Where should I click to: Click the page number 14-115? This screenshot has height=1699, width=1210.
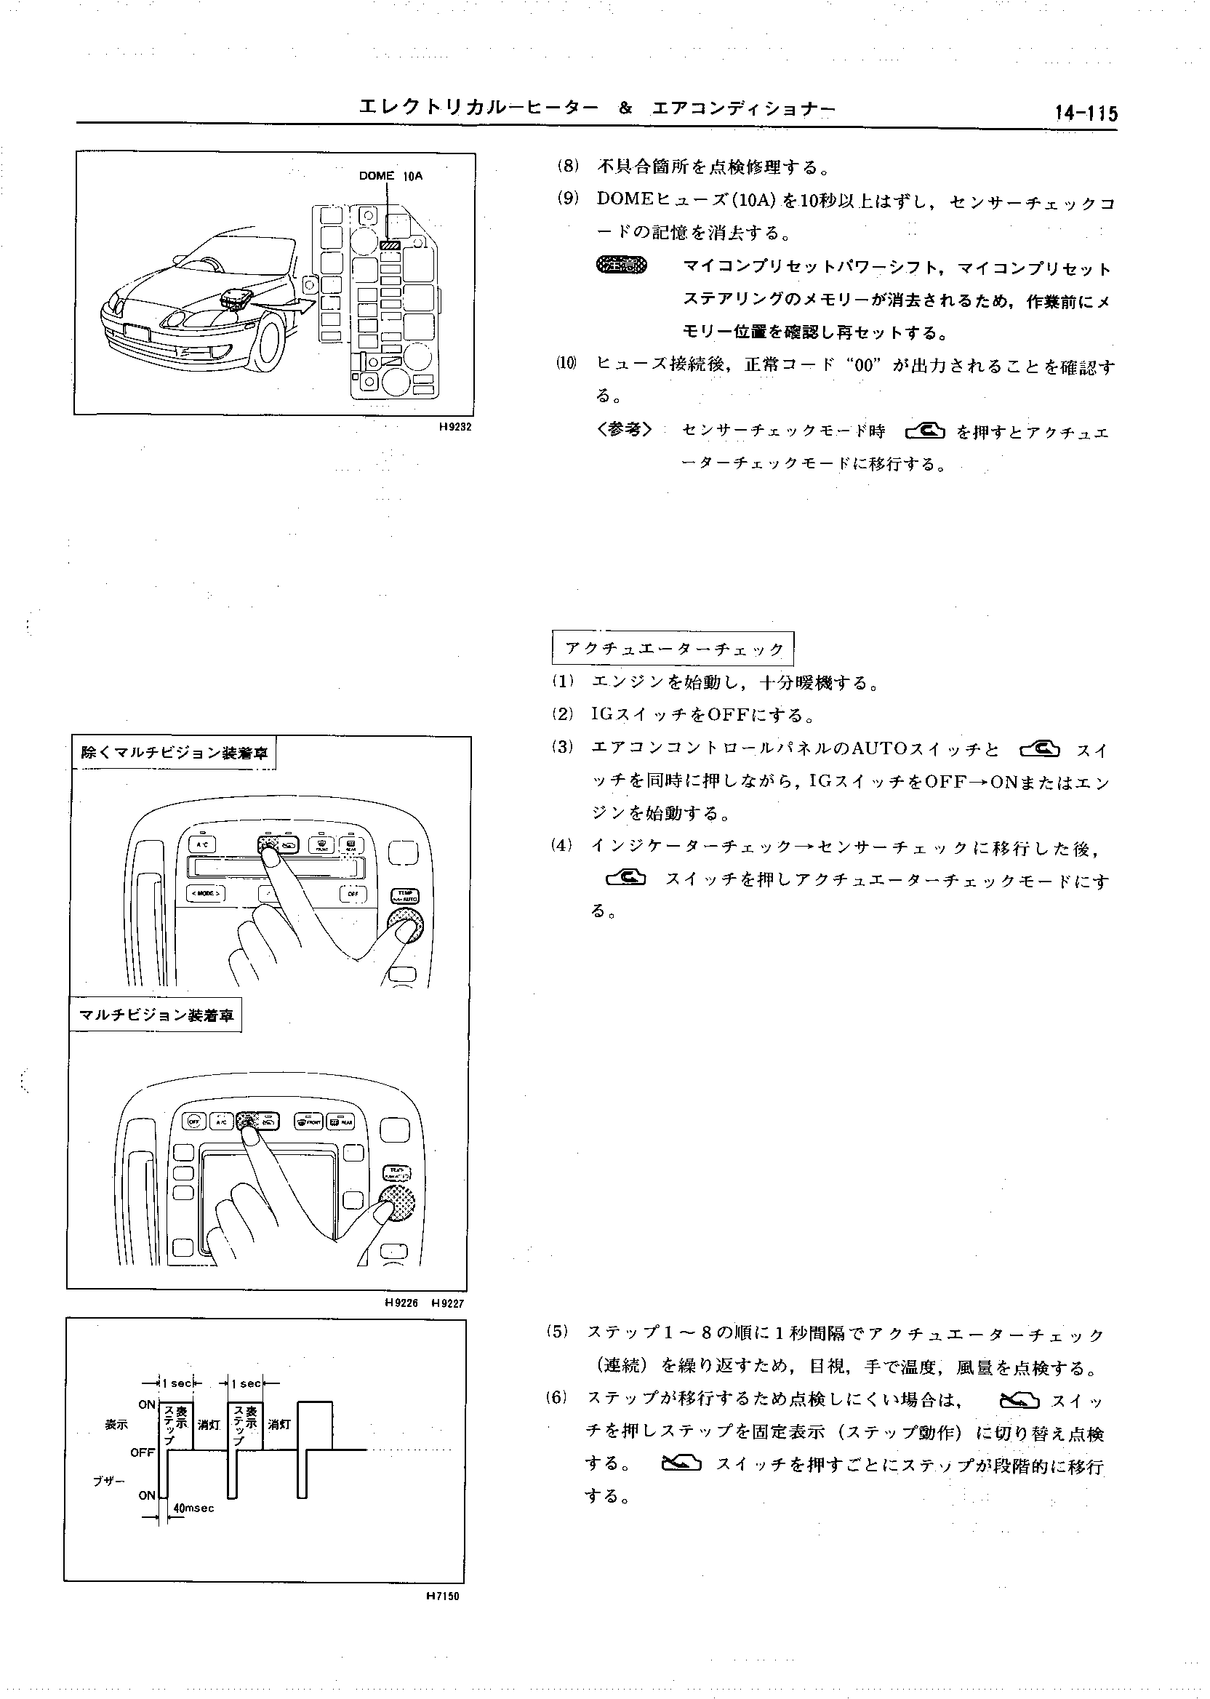pos(1085,113)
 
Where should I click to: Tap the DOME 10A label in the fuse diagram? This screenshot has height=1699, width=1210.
pos(390,176)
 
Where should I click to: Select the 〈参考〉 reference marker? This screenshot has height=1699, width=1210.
pos(625,430)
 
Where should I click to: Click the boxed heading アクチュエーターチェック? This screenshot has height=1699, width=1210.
pos(673,648)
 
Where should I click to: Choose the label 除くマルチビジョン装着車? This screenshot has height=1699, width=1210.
pos(174,753)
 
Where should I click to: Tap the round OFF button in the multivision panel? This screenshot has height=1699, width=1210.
pos(193,1121)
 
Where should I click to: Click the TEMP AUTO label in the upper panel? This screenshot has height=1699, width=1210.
pos(404,894)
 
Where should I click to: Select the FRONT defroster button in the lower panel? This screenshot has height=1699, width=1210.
pos(308,1121)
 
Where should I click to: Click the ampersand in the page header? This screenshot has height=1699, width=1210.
pos(625,109)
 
